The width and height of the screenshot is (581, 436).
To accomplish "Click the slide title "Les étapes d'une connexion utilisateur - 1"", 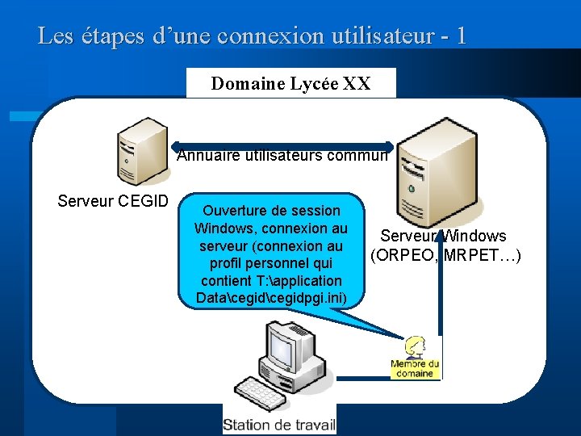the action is tap(251, 36).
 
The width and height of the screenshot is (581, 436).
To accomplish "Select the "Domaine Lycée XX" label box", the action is tap(290, 83).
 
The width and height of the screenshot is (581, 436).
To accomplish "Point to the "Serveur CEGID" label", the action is tap(112, 200).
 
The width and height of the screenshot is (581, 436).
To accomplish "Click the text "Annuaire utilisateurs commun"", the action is tap(282, 156).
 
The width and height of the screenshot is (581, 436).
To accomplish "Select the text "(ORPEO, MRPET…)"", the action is tap(445, 256).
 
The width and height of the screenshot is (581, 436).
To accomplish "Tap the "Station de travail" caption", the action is tap(279, 425).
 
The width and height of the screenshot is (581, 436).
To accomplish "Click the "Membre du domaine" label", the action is tap(414, 368).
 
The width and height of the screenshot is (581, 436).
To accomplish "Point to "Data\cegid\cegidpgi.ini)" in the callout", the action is tap(271, 299).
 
